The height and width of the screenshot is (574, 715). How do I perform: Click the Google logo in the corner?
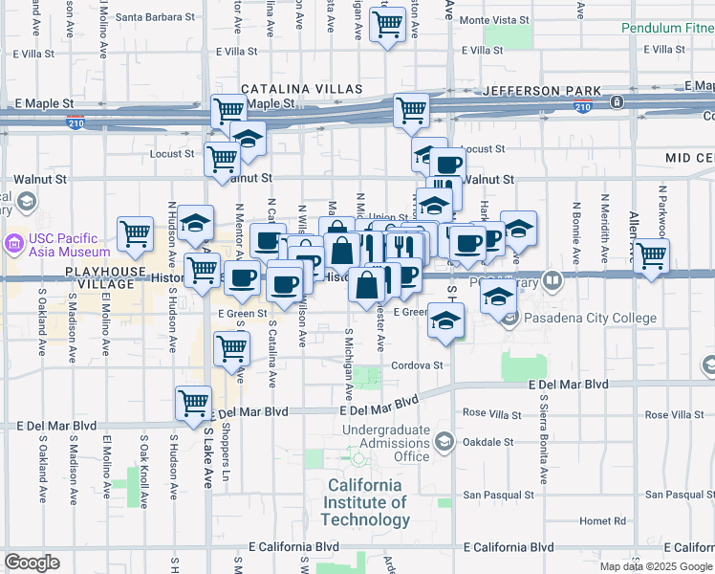coord(32,563)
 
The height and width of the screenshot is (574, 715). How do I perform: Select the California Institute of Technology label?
coord(365,502)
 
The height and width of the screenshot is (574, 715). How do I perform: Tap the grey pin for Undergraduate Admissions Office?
coord(444,441)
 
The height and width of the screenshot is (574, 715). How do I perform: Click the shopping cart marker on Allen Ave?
coord(651,256)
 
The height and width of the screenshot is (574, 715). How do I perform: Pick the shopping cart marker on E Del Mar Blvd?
coord(194,402)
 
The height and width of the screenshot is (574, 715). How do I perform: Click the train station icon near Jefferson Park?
coord(618,101)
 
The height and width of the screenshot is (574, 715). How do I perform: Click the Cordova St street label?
coord(417,365)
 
